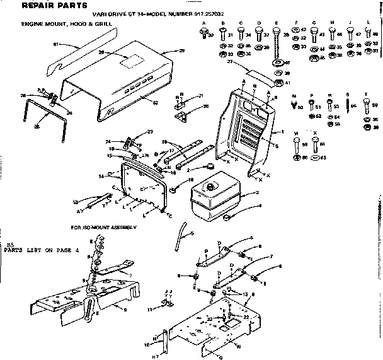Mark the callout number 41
coord(287,83)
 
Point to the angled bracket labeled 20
coord(183,116)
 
